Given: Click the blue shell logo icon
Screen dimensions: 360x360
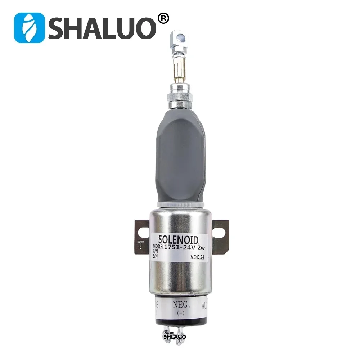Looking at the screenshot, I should pos(30,28).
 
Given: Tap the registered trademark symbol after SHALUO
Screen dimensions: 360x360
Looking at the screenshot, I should pos(163,19).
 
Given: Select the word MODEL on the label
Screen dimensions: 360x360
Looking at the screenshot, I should pos(156,247).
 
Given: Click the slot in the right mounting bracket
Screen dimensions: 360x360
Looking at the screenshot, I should pos(218,230).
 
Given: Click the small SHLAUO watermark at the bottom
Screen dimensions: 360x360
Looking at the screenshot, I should pos(175,337).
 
